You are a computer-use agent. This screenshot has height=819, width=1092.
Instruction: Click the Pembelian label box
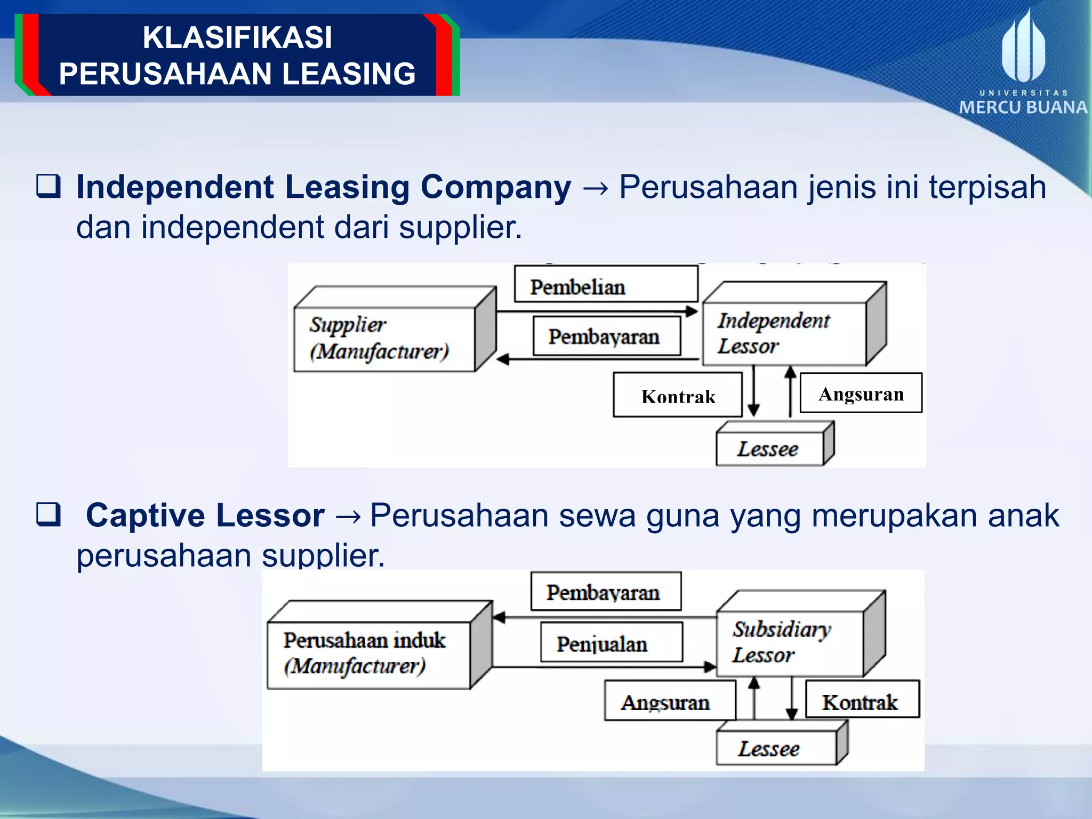click(606, 284)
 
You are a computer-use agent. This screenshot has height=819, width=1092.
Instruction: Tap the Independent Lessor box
click(784, 334)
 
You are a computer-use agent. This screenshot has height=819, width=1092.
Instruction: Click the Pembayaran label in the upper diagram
click(607, 336)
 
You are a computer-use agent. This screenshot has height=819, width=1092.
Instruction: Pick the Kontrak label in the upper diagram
click(677, 396)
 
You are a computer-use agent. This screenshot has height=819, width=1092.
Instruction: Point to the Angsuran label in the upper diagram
click(861, 394)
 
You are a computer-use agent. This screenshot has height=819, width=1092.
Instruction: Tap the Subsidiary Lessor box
click(789, 643)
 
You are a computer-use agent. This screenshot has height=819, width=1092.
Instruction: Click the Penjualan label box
click(611, 643)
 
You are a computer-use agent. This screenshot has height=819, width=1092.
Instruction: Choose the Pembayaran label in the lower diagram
click(606, 592)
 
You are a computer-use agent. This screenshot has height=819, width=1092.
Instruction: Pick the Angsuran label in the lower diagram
click(670, 702)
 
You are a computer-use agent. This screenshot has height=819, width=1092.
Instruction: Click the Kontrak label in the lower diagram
click(862, 700)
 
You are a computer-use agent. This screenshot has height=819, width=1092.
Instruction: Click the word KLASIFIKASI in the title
click(237, 37)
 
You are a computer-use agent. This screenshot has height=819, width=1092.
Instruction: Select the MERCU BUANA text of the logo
click(1023, 107)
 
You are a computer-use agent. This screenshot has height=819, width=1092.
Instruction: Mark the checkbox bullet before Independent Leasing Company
click(49, 187)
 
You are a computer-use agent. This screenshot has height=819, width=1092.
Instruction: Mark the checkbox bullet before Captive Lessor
click(49, 515)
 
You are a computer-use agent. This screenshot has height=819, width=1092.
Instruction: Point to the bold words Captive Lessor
click(205, 516)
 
